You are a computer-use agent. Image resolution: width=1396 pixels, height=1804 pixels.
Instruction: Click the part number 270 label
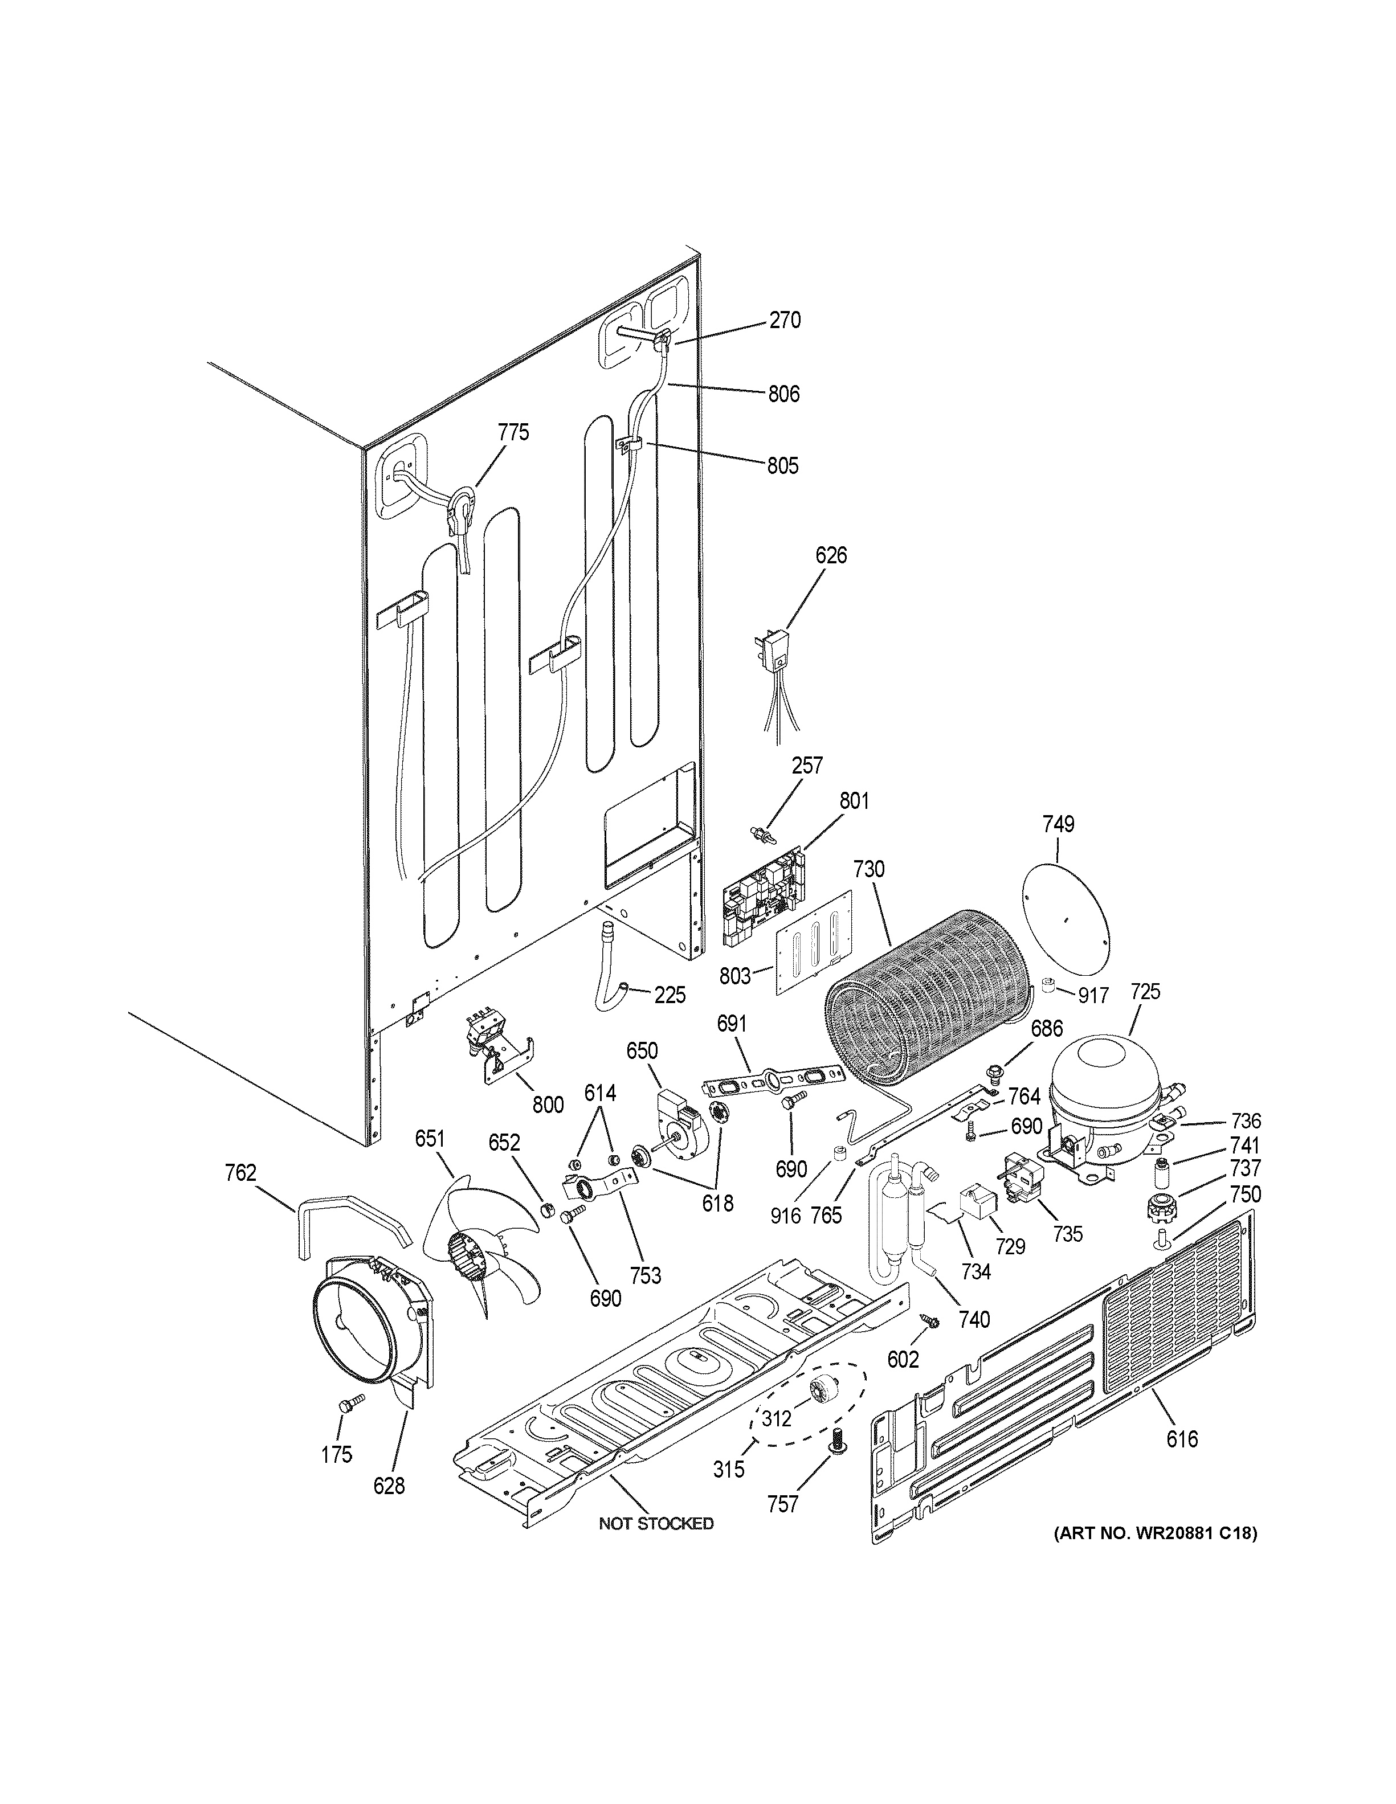785,321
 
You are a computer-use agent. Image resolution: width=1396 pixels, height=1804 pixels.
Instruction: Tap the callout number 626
831,555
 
